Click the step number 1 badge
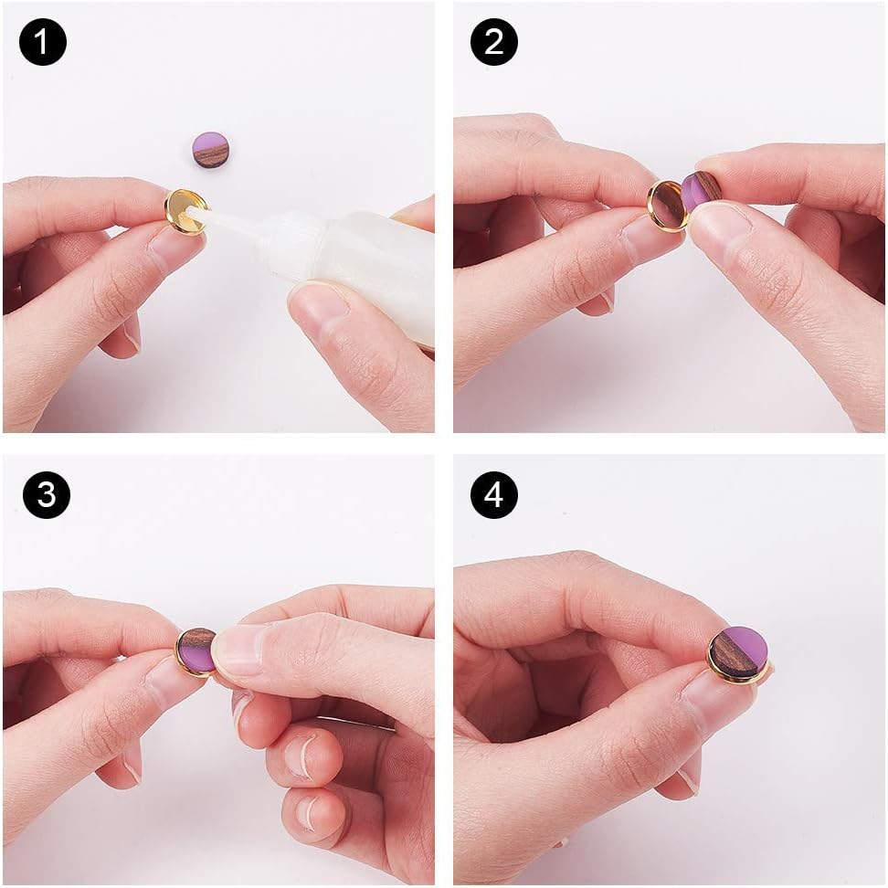43,42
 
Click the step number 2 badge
493,42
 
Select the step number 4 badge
493,495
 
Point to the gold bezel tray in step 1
185,211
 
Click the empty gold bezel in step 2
669,206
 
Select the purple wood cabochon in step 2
701,190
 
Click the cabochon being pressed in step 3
196,650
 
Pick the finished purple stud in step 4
737,654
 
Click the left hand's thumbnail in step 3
169,681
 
